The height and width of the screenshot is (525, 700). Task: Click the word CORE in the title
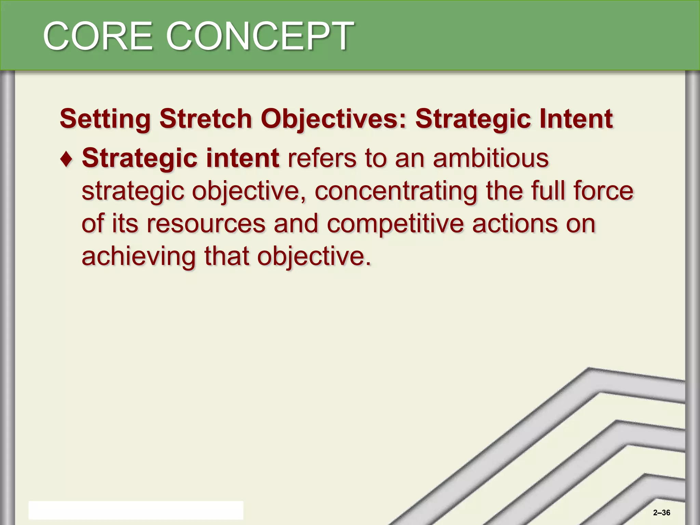tap(98, 36)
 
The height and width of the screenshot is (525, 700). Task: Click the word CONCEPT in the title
tap(260, 36)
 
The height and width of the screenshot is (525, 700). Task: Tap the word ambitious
tap(490, 158)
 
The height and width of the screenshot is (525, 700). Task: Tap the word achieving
tap(138, 257)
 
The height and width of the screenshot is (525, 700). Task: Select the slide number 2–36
tap(661, 513)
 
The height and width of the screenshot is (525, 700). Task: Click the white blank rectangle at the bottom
tap(136, 510)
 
